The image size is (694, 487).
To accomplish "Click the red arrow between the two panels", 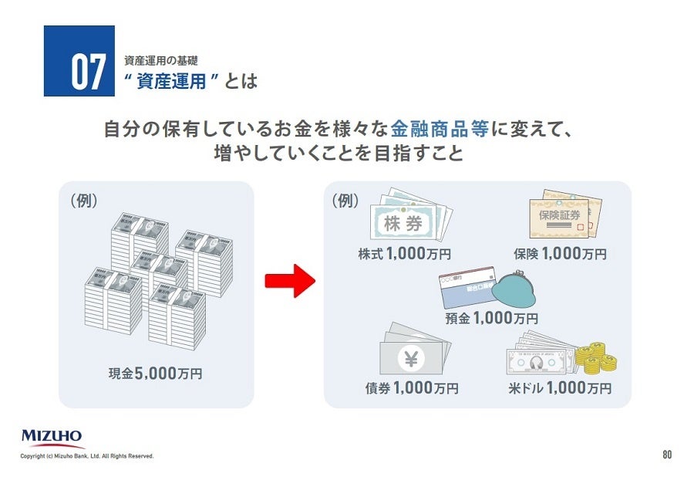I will pos(290,282).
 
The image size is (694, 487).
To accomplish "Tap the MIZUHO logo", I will pos(52,438).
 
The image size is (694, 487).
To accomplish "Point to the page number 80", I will pos(667,455).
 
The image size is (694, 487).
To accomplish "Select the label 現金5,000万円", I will pos(156,375).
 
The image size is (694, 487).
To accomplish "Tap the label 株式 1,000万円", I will pos(404,253).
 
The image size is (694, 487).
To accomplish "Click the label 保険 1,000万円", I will pos(560,253).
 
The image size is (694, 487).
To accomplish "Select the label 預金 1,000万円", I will pos(491,317).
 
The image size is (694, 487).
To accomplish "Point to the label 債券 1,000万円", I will pos(412,387).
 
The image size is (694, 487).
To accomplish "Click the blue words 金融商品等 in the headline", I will pos(440,128).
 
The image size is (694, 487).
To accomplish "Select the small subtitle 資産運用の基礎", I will pos(161,60).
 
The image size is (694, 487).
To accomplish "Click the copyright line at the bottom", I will pos(87,456).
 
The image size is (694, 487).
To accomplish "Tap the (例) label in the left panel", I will pos(84,201).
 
